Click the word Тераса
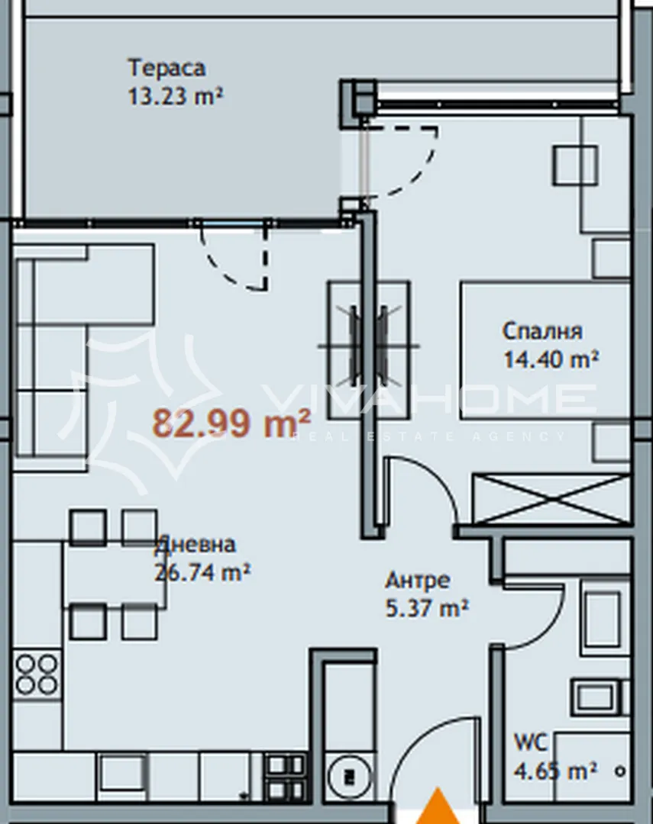pos(166,68)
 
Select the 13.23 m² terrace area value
pos(176,98)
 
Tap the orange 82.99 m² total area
pos(232,422)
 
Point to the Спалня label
pos(542,331)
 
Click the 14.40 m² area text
pos(550,359)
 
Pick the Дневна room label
pos(196,545)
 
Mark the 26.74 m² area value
pos(203,572)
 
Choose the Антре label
pos(417,581)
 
